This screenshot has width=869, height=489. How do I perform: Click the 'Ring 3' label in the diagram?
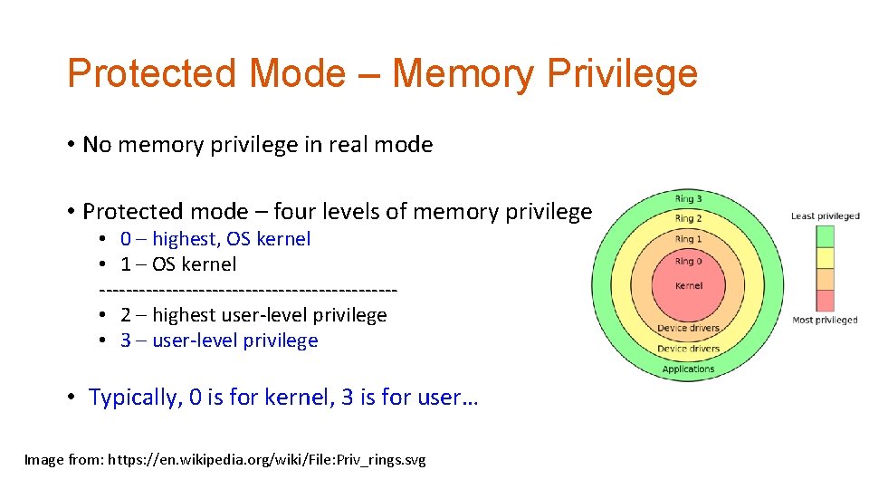click(x=684, y=199)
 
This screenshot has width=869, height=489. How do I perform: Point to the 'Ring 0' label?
click(x=688, y=262)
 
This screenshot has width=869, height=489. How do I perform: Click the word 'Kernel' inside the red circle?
click(x=688, y=286)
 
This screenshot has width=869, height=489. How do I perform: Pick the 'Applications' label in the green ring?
click(x=688, y=369)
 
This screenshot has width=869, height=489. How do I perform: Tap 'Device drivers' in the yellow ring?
click(x=688, y=349)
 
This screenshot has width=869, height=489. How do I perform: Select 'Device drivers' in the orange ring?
click(x=688, y=328)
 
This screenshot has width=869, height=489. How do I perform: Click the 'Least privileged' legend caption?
click(x=825, y=216)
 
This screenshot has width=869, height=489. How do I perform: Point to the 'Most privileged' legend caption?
click(x=825, y=321)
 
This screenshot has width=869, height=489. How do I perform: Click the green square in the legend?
click(x=825, y=235)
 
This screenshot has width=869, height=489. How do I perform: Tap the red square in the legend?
click(x=825, y=301)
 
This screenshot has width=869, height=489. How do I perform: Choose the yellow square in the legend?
click(x=825, y=257)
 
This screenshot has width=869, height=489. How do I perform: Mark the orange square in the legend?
click(x=825, y=279)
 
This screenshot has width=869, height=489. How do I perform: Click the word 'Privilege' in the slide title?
click(x=623, y=73)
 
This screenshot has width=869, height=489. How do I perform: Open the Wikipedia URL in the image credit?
click(x=267, y=460)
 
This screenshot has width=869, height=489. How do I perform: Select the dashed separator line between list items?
click(x=248, y=290)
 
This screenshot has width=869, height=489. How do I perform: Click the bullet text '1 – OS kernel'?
click(x=178, y=264)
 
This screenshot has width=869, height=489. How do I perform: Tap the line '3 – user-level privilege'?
click(x=219, y=340)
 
